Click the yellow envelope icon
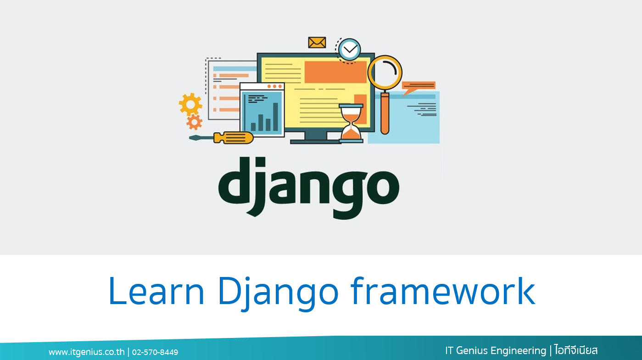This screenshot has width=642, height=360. [317, 42]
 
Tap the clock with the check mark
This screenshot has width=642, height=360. [349, 50]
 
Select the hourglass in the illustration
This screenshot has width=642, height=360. [351, 123]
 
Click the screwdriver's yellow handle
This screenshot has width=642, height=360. [233, 138]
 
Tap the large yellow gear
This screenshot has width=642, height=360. [190, 104]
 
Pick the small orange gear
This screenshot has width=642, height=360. [194, 122]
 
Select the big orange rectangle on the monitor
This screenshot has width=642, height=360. [335, 72]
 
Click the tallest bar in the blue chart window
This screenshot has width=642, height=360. [275, 117]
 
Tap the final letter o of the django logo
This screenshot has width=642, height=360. [383, 187]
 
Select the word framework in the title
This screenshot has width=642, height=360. [443, 290]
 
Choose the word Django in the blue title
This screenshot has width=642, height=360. [278, 294]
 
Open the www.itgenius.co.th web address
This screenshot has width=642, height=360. [87, 352]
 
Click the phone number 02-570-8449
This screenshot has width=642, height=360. [155, 352]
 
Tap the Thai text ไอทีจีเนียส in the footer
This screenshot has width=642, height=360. [576, 350]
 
